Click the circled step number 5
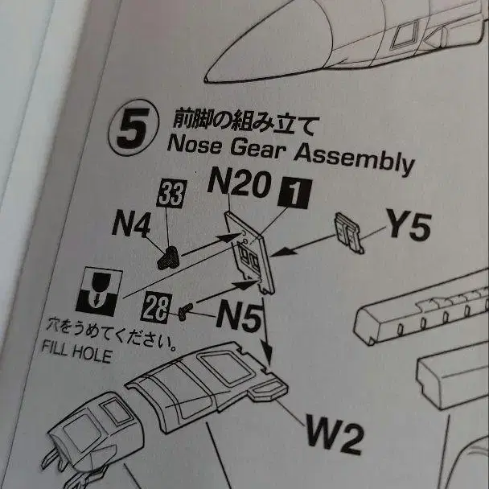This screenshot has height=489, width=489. pos(134,128)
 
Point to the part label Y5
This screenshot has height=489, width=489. pos(409,224)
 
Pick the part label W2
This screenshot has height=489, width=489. pos(335,434)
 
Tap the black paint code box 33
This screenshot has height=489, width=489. pos(172,193)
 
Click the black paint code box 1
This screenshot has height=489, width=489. pos(294,193)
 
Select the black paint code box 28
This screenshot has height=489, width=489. pos(157,307)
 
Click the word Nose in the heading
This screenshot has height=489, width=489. pos(194,145)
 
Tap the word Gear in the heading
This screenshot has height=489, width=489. pos(258,150)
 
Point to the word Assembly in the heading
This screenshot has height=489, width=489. pos(354,160)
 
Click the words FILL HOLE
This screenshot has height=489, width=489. pos(77,351)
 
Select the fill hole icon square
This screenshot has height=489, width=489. pos(99,292)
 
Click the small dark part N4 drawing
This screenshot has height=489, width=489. pos(168,257)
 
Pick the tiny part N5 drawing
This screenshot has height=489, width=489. pos(184,312)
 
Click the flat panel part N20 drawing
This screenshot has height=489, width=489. pos(249,253)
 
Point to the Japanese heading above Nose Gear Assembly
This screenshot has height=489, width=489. pos(246,122)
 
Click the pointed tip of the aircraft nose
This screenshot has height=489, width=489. pos(206,80)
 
